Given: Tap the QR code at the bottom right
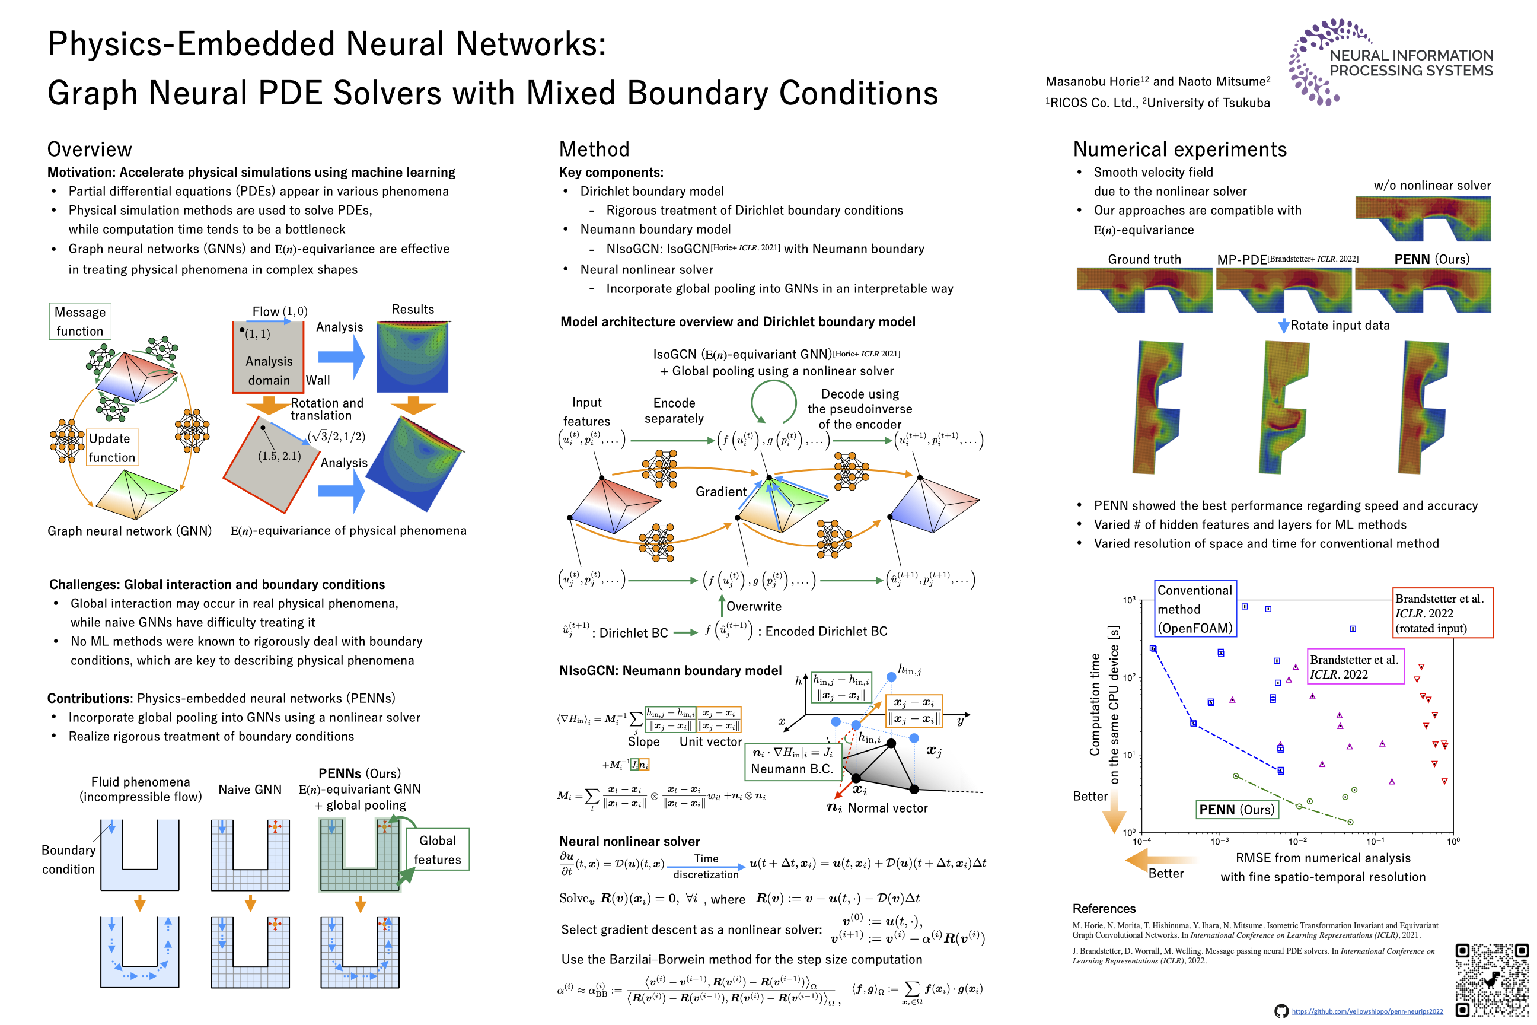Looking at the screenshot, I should [x=1491, y=979].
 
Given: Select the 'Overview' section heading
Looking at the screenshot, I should [x=90, y=149].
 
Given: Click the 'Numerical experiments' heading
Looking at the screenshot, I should [x=1179, y=149].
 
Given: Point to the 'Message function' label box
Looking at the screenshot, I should [x=79, y=321].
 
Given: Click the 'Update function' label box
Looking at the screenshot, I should [x=111, y=448].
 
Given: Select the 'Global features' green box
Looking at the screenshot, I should [x=437, y=850].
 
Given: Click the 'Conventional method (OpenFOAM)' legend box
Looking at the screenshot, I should [x=1195, y=609].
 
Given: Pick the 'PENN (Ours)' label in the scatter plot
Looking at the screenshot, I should [x=1236, y=809].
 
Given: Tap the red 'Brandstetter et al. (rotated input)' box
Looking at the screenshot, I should [x=1442, y=613].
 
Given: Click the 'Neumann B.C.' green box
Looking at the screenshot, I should [x=792, y=761].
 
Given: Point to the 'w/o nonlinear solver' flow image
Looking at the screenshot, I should [x=1423, y=218].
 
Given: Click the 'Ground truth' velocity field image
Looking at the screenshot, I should [x=1144, y=289].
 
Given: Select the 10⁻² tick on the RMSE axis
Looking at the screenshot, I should [x=1297, y=841].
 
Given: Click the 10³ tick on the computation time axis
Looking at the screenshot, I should [x=1129, y=600].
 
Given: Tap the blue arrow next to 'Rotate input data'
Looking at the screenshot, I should [x=1283, y=326].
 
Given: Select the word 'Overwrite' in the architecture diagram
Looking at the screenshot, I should [x=754, y=606].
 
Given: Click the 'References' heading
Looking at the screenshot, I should [x=1104, y=908].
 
